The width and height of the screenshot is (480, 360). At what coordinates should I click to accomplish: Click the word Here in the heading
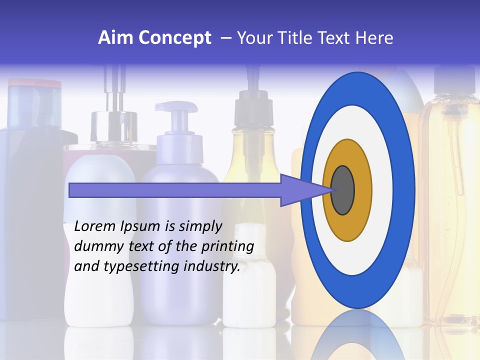click(374, 38)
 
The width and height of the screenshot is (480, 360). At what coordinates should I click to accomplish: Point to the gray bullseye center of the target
click(342, 190)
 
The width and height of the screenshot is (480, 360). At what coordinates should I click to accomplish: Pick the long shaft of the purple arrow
click(175, 190)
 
